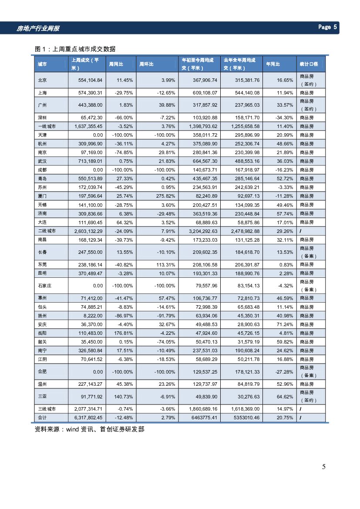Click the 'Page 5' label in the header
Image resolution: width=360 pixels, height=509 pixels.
point(327,27)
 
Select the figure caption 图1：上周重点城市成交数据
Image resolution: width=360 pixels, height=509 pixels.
point(75,49)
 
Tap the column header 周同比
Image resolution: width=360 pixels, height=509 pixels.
point(115,64)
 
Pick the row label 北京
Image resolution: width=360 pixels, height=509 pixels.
point(43,80)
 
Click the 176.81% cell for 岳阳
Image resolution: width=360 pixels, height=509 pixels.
point(123,333)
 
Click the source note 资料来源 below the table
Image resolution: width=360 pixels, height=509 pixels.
point(89,429)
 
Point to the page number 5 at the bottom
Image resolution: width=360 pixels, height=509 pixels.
point(323,467)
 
